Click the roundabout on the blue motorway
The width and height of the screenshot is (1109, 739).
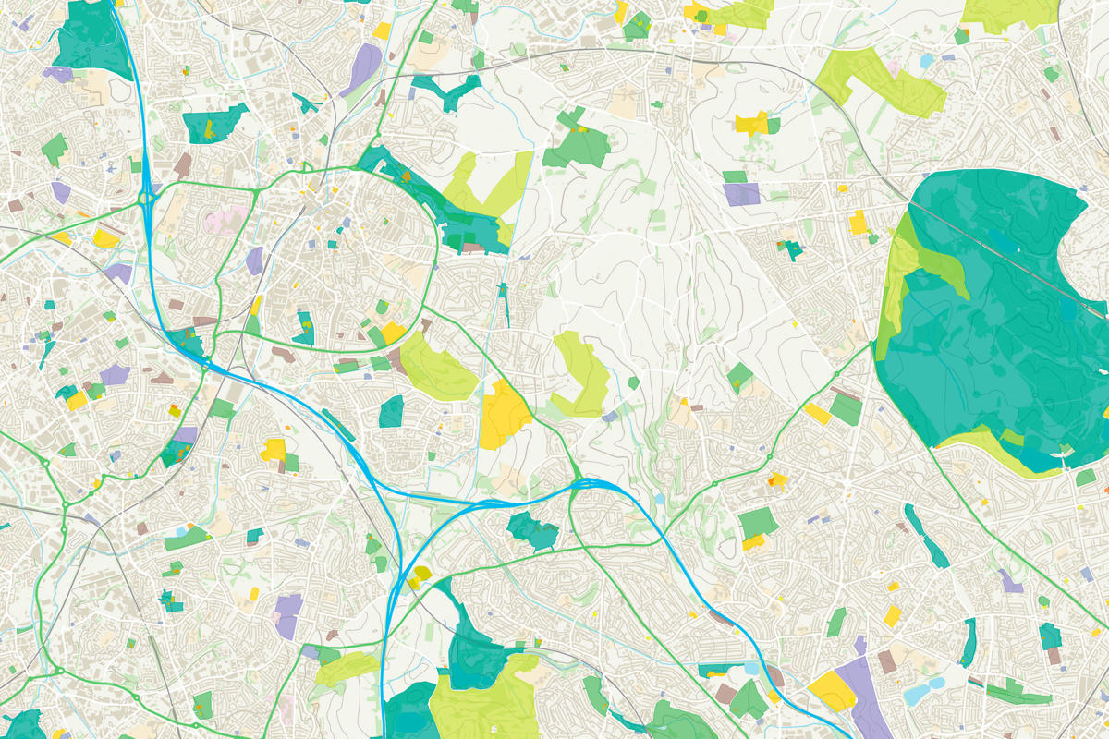coord(148,197)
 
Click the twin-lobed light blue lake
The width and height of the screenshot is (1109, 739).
coord(925,689)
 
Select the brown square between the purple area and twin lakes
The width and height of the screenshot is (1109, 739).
coord(887,661)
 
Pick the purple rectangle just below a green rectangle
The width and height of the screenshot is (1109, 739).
coord(740,194)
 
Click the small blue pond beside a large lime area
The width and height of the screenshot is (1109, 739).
coord(926,61)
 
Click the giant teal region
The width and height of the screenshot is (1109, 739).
coord(998,323)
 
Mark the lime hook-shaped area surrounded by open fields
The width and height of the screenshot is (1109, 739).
coord(582,374)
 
